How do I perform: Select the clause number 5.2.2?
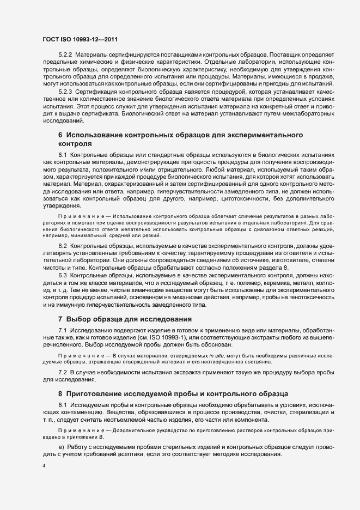[65, 56]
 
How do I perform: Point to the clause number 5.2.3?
[65, 92]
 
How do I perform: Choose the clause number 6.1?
[62, 156]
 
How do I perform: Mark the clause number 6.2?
[62, 246]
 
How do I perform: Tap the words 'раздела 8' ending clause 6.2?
[274, 268]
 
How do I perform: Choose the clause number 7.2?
[62, 371]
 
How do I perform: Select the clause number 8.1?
[62, 406]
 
